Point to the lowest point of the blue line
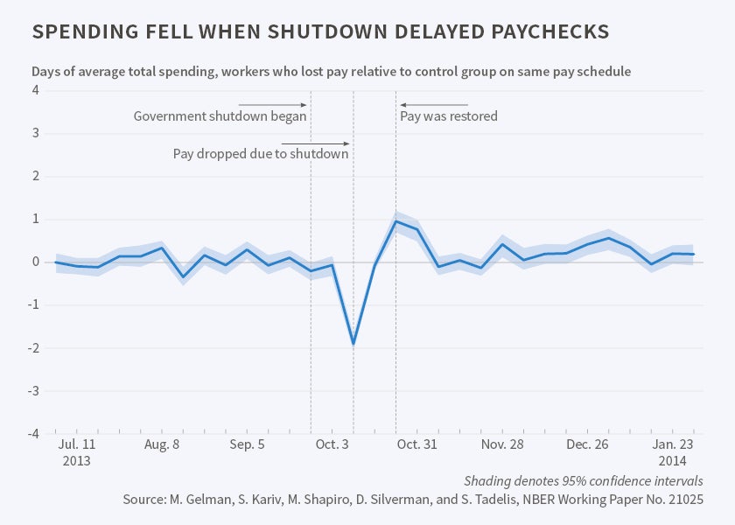click(353, 344)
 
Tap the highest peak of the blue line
click(396, 220)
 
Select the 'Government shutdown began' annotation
click(220, 115)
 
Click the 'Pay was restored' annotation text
click(449, 115)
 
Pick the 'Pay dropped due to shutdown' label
click(261, 153)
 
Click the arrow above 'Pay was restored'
click(433, 105)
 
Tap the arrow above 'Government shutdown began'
click(272, 105)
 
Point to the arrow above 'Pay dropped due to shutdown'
click(315, 143)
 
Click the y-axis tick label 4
click(36, 91)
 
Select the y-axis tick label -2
click(34, 348)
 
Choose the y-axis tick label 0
click(36, 262)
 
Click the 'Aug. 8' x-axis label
click(161, 444)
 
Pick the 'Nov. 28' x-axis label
click(502, 444)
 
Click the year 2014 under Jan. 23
click(673, 460)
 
